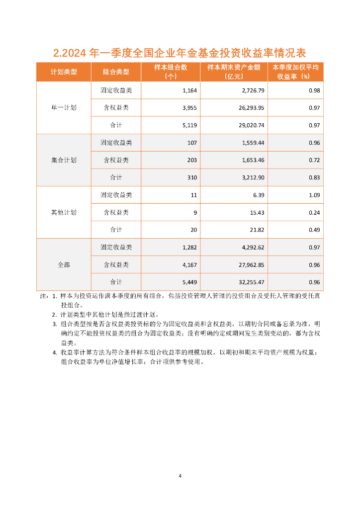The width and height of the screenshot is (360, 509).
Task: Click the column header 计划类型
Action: tap(64, 72)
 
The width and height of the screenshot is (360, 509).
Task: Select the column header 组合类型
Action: tap(116, 72)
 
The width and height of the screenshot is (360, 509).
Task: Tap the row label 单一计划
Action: tap(64, 108)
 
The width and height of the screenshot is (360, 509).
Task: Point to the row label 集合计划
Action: tap(64, 160)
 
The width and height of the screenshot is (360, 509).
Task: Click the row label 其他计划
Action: tap(64, 212)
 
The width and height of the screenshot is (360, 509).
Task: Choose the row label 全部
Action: tap(64, 264)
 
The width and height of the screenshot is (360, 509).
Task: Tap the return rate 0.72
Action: tap(314, 160)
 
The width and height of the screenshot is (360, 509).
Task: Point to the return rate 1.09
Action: tap(314, 195)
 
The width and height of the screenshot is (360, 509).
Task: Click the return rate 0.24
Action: tap(314, 212)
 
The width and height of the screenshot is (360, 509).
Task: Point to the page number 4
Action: tap(180, 476)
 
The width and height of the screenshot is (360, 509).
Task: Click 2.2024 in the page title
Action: tap(70, 53)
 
